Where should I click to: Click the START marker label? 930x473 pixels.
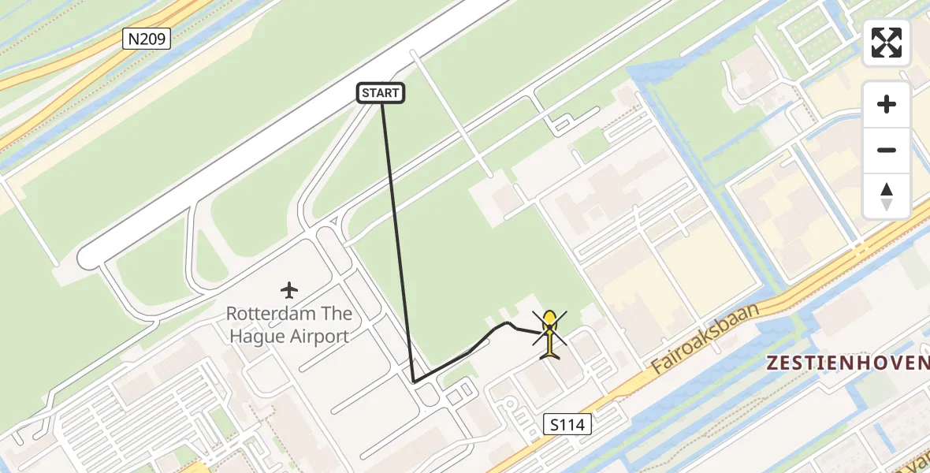click(381, 93)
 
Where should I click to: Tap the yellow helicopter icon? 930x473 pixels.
click(549, 333)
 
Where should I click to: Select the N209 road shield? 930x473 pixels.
click(147, 39)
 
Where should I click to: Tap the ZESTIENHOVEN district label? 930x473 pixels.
click(847, 363)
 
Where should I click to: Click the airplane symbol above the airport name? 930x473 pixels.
click(289, 290)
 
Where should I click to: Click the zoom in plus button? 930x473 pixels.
click(887, 104)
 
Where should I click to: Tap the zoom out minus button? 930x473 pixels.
click(887, 150)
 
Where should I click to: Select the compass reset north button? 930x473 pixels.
click(887, 196)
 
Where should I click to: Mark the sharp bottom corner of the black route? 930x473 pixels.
click(414, 382)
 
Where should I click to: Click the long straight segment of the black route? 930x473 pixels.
click(397, 236)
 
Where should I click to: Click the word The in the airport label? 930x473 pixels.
click(336, 314)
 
